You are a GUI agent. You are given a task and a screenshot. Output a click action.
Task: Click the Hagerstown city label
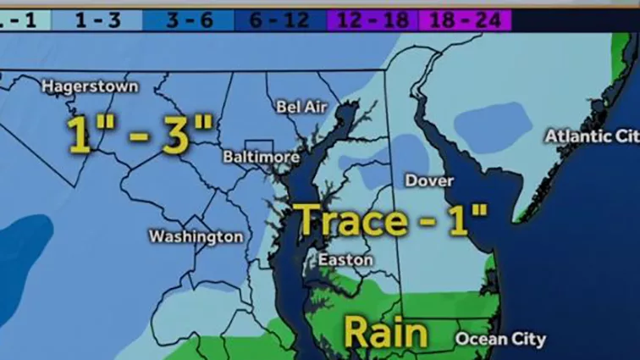coord(90,86)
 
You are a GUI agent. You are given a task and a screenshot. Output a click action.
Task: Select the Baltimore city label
coord(261,157)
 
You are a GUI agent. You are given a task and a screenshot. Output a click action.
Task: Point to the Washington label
coord(196,236)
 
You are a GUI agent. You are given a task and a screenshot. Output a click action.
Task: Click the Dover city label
coord(429,180)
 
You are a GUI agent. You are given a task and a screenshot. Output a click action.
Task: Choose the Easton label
coord(345,260)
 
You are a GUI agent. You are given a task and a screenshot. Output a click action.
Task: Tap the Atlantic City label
coord(591,136)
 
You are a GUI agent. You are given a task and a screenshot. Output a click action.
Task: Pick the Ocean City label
coord(501,339)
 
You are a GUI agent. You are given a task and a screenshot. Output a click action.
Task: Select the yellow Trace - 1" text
coord(392,220)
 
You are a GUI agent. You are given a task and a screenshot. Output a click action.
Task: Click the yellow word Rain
coord(385,332)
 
